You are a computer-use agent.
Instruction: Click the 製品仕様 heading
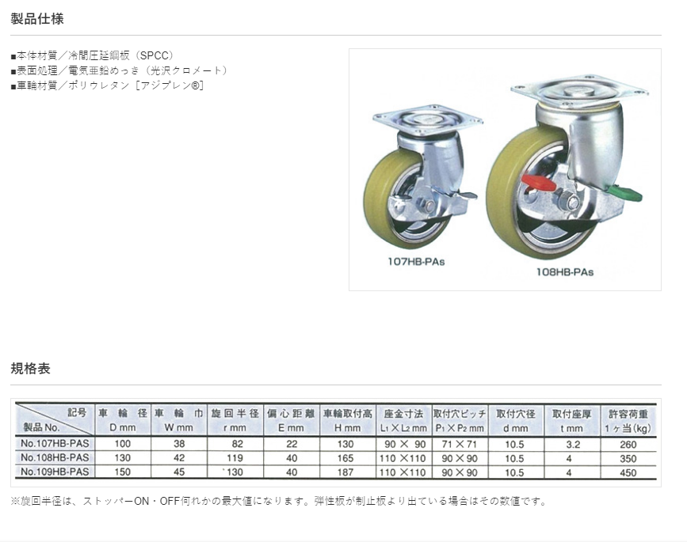point(37,19)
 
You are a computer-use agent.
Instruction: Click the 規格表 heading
point(31,369)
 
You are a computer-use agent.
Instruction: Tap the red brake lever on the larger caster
point(539,184)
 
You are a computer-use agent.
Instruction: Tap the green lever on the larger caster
point(625,193)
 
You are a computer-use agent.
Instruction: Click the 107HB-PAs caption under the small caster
point(416,262)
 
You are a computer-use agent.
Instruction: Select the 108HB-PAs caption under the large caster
point(565,272)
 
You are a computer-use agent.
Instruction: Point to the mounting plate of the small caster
point(428,119)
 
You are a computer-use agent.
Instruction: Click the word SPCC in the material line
point(155,55)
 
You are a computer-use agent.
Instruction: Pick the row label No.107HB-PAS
point(55,444)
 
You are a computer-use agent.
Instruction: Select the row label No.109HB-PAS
point(55,472)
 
